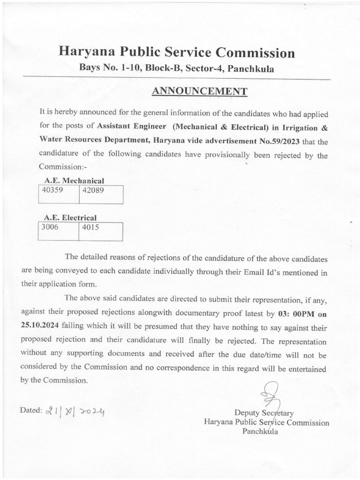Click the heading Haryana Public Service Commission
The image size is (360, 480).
point(177,52)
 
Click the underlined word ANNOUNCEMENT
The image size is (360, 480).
point(199,91)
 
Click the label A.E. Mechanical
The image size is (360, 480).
point(74,180)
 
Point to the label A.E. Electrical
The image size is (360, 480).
point(70,217)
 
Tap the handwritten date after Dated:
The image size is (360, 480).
point(75,411)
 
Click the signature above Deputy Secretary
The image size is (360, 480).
point(272,394)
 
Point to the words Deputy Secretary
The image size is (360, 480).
point(264,413)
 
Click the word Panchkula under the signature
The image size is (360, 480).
point(260,431)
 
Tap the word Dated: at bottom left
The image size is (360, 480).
point(31,410)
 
